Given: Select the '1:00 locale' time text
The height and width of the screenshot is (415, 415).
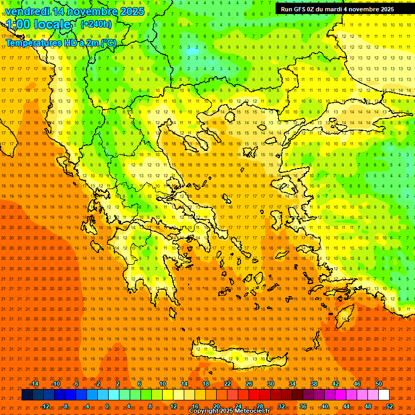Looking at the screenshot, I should (x=39, y=24).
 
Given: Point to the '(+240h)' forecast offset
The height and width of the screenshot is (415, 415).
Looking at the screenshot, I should (x=96, y=24).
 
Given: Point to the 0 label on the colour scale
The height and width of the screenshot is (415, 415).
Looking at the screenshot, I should (x=107, y=406).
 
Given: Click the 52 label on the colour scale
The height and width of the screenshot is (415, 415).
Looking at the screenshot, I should (x=390, y=406).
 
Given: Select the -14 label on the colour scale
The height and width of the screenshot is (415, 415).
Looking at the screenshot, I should (x=34, y=384).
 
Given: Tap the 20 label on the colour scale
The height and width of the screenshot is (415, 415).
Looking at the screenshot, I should (x=216, y=406).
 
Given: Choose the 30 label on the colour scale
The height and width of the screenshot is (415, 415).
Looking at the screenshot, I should (x=271, y=384).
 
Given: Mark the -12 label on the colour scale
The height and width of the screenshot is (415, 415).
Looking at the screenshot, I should (x=45, y=406).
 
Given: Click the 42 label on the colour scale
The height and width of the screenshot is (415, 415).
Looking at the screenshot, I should (x=336, y=384).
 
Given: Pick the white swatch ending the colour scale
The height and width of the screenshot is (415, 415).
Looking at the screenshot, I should (x=384, y=395).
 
